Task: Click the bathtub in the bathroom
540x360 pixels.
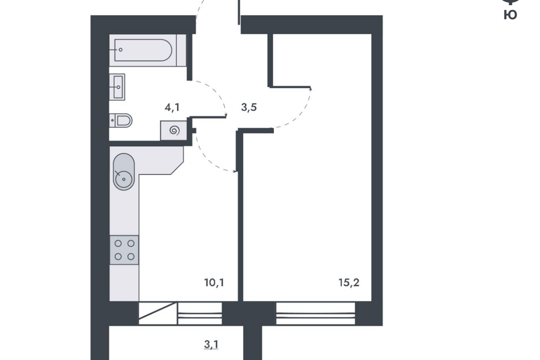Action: click(142, 50)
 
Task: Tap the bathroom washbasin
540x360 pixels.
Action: click(117, 87)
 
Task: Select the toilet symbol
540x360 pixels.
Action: click(121, 120)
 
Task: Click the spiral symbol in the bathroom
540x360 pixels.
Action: click(174, 130)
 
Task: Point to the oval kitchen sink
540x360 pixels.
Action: click(124, 172)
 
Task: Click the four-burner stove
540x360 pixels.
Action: click(124, 250)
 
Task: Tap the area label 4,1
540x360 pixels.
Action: click(172, 107)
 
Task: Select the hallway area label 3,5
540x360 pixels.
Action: click(249, 107)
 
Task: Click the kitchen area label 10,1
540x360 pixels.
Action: click(214, 283)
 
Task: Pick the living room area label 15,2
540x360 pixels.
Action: click(349, 283)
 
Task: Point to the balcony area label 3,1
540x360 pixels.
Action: click(211, 344)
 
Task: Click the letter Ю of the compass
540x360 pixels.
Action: click(510, 15)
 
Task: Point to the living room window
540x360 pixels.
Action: click(316, 313)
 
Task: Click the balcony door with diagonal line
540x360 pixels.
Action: click(158, 313)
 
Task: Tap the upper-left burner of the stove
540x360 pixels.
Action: click(118, 244)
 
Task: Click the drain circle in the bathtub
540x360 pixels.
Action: click(120, 49)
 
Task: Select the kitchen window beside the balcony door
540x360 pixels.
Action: click(200, 313)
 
